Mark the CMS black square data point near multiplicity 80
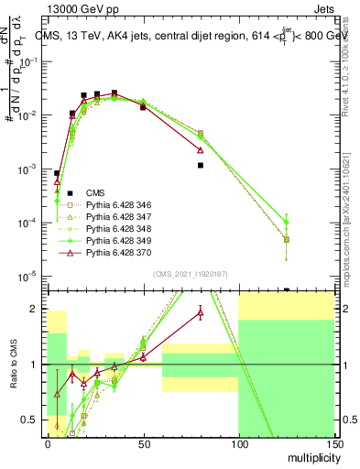[x=200, y=166]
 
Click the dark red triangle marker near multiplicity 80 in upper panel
[x=200, y=149]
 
